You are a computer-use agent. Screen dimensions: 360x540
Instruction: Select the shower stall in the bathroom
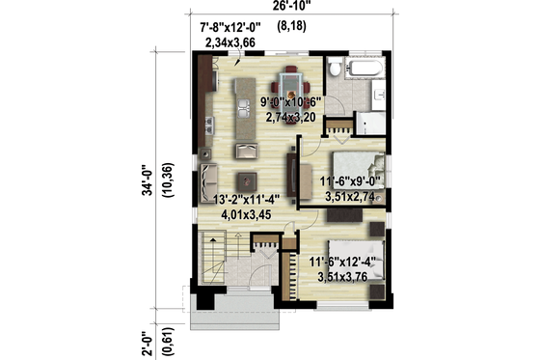370,123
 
